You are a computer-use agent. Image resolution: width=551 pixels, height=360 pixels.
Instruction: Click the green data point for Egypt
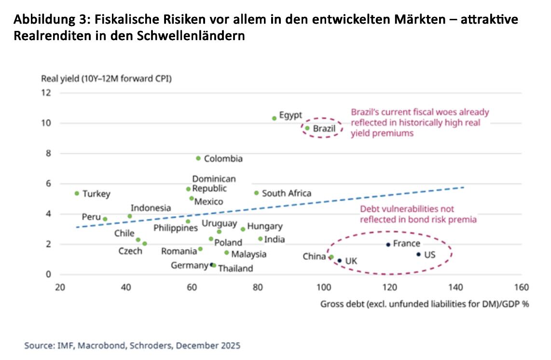[274, 118]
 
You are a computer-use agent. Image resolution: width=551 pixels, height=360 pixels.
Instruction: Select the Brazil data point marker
[307, 128]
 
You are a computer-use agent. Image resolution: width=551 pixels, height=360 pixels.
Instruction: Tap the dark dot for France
[388, 245]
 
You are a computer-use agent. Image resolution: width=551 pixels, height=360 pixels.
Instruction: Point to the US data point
[418, 254]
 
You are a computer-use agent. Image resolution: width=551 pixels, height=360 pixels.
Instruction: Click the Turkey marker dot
[77, 194]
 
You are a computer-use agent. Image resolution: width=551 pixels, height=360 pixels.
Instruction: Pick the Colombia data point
[198, 158]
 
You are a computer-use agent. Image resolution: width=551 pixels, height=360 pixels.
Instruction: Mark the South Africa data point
[256, 193]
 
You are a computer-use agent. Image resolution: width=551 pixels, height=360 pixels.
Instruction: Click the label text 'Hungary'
[264, 226]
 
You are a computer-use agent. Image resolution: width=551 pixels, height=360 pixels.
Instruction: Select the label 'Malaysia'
[248, 254]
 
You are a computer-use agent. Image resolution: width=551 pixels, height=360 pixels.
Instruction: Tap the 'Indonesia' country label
[151, 208]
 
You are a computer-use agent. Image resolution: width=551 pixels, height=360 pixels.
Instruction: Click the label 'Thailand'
[235, 268]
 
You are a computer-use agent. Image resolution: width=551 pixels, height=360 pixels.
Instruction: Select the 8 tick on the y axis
[48, 153]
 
